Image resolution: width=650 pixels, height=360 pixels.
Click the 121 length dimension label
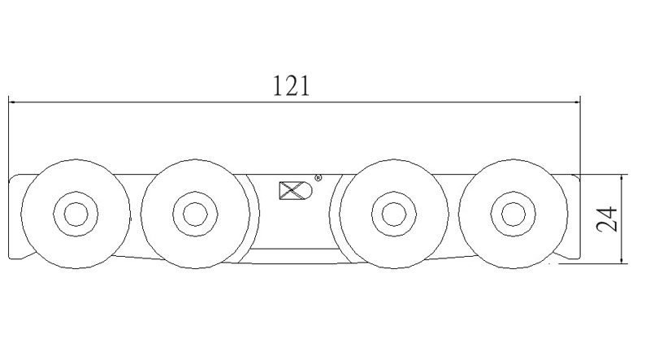(292, 86)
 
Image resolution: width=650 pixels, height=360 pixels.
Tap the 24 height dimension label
(607, 219)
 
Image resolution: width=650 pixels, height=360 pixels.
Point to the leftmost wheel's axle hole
(76, 215)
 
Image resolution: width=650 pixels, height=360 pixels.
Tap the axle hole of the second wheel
(195, 215)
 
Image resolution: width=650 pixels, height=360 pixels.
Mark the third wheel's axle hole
(394, 215)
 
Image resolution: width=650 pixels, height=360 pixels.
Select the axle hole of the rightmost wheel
(513, 215)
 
